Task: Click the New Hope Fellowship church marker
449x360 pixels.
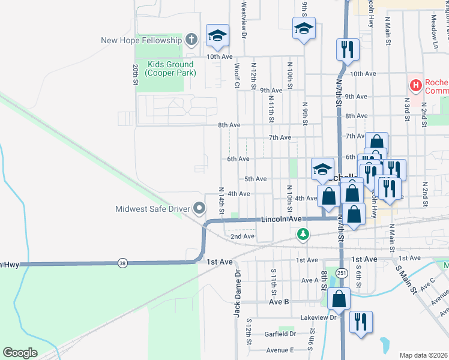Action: pyautogui.click(x=191, y=40)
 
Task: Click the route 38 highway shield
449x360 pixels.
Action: pyautogui.click(x=122, y=263)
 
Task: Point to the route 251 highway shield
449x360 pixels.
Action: pyautogui.click(x=342, y=273)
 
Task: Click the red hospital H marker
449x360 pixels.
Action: pyautogui.click(x=415, y=86)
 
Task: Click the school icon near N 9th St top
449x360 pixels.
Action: pyautogui.click(x=304, y=28)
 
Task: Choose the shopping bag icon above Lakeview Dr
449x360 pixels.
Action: pyautogui.click(x=339, y=299)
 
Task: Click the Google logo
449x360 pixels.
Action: pyautogui.click(x=20, y=352)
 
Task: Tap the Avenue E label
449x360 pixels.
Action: pyautogui.click(x=280, y=350)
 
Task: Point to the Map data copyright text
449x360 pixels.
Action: pyautogui.click(x=423, y=355)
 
